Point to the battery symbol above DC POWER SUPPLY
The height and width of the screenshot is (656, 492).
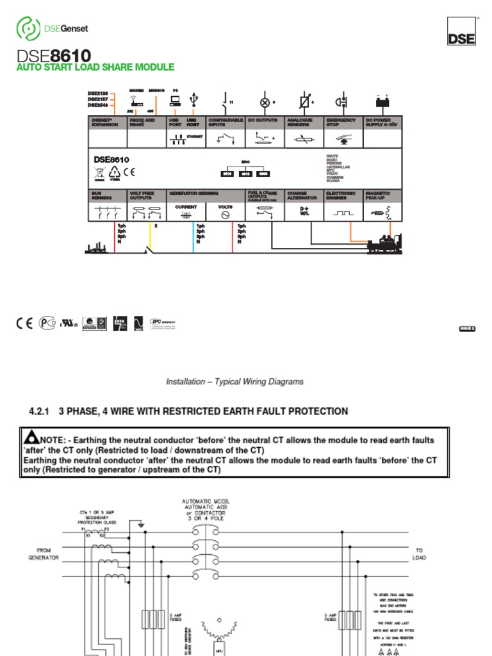click(382, 102)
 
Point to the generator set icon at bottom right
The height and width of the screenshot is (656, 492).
click(384, 244)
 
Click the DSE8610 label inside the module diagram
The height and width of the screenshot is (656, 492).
click(111, 160)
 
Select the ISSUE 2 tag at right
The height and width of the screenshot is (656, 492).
click(467, 329)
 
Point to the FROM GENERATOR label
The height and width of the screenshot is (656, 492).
click(42, 554)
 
